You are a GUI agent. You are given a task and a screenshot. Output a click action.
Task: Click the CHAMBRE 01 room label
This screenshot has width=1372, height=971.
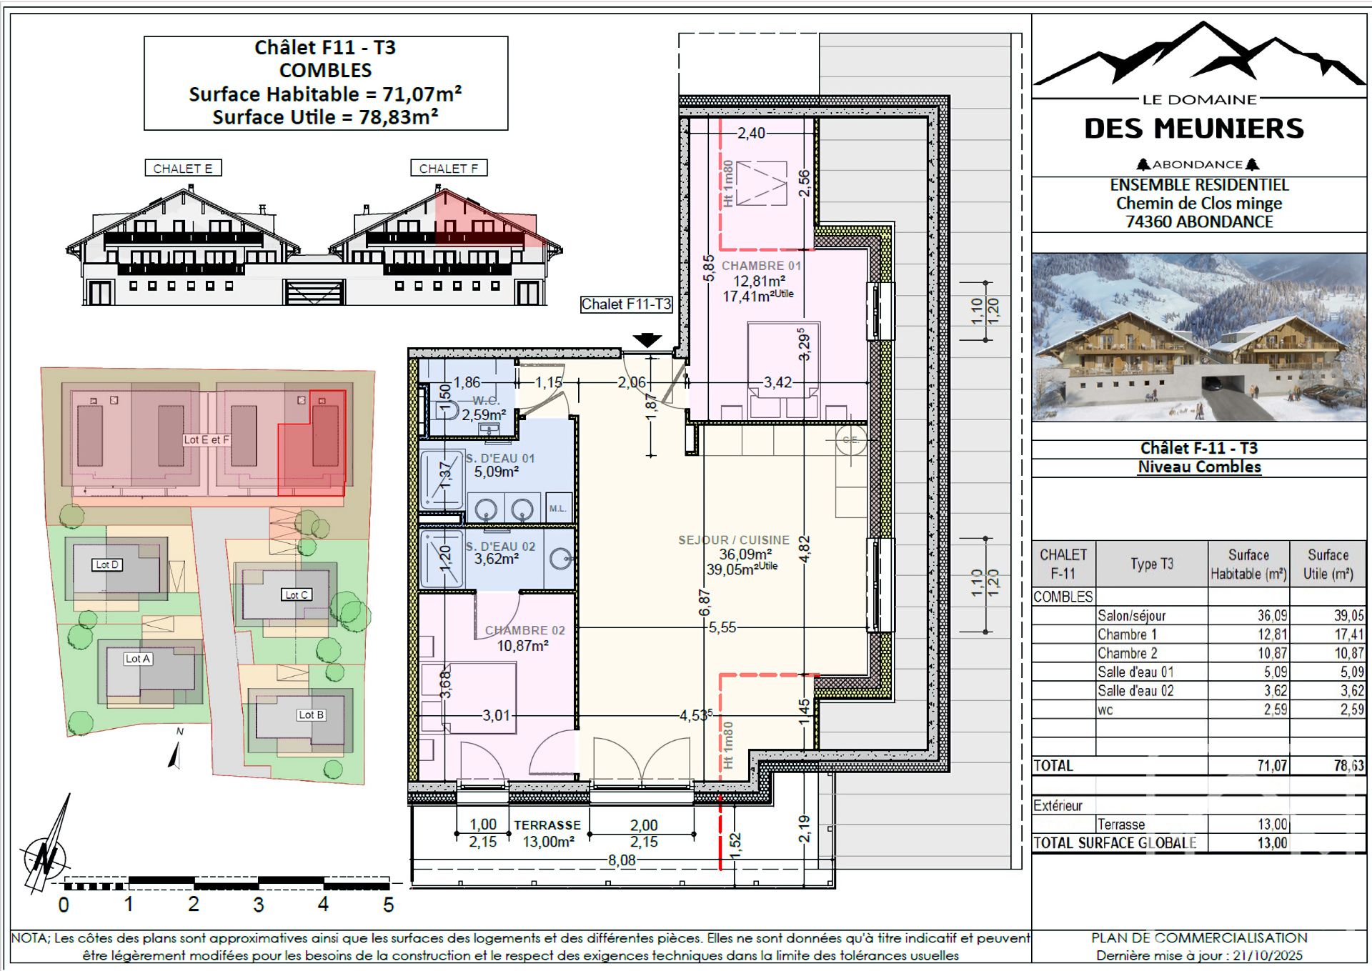pyautogui.click(x=761, y=266)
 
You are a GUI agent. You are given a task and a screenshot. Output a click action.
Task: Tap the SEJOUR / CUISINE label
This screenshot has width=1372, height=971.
pyautogui.click(x=734, y=540)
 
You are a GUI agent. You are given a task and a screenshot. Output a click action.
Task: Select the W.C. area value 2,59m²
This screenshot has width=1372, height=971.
pyautogui.click(x=484, y=414)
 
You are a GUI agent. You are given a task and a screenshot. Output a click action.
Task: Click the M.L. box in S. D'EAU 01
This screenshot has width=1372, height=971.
pyautogui.click(x=558, y=508)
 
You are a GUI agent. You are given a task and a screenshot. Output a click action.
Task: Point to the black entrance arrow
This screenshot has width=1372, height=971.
pyautogui.click(x=647, y=340)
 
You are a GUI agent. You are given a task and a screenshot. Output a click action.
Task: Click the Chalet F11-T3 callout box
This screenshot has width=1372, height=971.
pyautogui.click(x=626, y=304)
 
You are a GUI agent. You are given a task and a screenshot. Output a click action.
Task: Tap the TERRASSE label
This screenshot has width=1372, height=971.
pyautogui.click(x=547, y=825)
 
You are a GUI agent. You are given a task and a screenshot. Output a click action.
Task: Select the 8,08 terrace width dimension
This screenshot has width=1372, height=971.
pyautogui.click(x=622, y=860)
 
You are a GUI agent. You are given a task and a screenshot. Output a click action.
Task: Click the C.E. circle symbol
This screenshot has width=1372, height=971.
pyautogui.click(x=850, y=440)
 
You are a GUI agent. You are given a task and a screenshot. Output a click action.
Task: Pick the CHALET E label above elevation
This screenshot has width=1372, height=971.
pyautogui.click(x=183, y=169)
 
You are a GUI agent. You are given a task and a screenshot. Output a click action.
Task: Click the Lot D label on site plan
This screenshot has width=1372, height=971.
pyautogui.click(x=107, y=564)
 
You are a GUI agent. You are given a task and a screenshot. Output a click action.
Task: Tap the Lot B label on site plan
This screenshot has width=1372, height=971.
pyautogui.click(x=311, y=714)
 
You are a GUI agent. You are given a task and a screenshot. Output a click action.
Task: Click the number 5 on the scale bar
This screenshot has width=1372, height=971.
pyautogui.click(x=388, y=905)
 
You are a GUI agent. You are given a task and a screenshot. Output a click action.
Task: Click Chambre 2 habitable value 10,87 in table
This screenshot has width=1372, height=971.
pyautogui.click(x=1272, y=653)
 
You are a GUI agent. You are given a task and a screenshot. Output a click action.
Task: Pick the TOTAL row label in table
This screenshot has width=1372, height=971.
pyautogui.click(x=1053, y=766)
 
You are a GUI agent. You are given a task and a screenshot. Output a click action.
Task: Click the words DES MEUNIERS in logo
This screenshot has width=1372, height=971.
pyautogui.click(x=1194, y=129)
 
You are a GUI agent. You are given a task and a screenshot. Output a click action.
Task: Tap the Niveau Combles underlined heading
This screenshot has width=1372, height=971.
pyautogui.click(x=1199, y=467)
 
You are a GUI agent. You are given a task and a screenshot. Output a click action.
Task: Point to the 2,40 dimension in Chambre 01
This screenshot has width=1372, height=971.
pyautogui.click(x=751, y=133)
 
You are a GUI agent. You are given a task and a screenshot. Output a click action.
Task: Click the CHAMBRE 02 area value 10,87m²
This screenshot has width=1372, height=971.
pyautogui.click(x=522, y=646)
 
